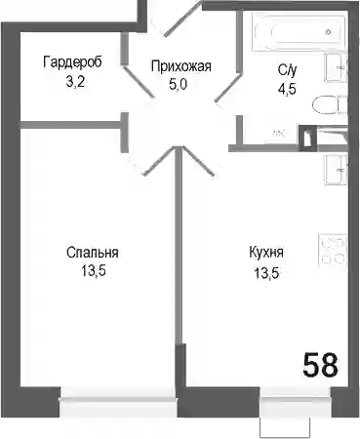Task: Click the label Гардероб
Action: [72, 61]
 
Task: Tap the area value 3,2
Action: [75, 81]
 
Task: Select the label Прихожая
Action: [181, 66]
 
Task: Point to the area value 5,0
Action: [179, 85]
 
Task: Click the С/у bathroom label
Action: [287, 70]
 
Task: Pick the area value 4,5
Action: [287, 88]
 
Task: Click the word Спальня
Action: [93, 253]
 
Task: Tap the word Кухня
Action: [266, 253]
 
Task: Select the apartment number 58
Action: [320, 365]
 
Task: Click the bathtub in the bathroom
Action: [299, 32]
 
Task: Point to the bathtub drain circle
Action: [329, 32]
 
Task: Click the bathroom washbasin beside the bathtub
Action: [337, 67]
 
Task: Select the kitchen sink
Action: [336, 170]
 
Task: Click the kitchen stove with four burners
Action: [333, 251]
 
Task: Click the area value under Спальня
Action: [94, 271]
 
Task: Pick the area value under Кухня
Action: [266, 273]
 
